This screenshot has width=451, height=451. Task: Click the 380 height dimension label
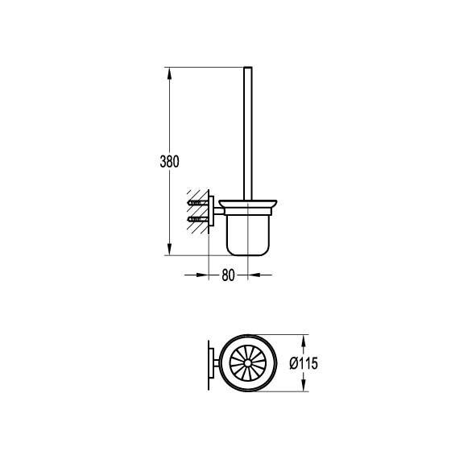point(169,161)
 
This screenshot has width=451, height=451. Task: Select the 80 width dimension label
point(228,275)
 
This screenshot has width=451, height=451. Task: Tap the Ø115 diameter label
point(304,363)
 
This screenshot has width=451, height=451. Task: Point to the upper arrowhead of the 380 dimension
point(169,73)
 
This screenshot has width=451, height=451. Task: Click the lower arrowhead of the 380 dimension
point(169,249)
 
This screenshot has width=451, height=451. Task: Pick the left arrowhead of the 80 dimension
point(202,275)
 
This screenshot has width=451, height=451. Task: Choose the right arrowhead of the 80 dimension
point(254,275)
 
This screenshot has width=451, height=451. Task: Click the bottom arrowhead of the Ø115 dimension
point(303,385)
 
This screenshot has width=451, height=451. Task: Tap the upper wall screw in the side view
point(198,203)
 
